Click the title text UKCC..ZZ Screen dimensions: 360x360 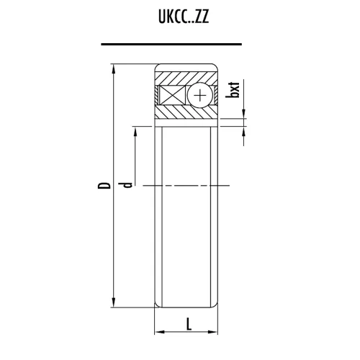click(179, 17)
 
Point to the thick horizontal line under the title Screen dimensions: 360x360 click(180, 44)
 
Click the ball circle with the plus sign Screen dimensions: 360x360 click(199, 95)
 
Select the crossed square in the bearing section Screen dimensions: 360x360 click(173, 95)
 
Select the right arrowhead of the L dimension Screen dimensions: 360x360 click(215, 333)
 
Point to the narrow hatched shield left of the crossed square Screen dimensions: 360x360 click(157, 95)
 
